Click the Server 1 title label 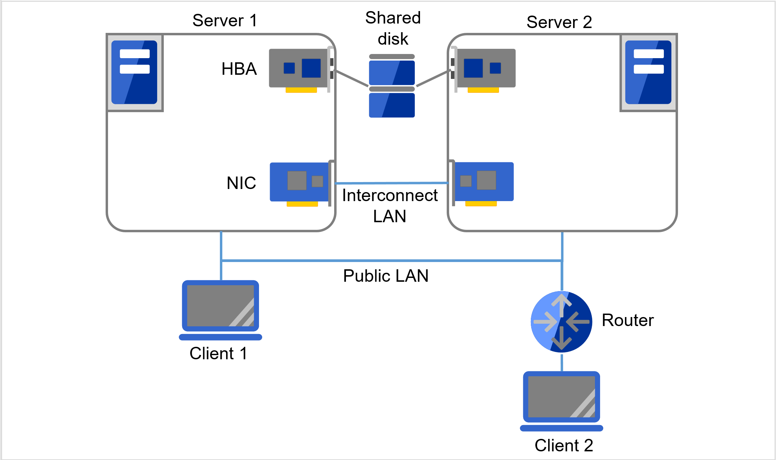click(225, 20)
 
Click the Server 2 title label click(559, 22)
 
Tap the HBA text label click(239, 69)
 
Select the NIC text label click(241, 183)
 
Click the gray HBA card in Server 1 click(298, 69)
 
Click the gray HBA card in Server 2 click(485, 69)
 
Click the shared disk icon click(392, 87)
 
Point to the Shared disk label click(393, 28)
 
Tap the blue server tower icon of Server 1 click(134, 72)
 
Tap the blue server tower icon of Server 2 click(648, 72)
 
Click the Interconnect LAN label click(390, 206)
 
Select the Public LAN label click(386, 276)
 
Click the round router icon click(561, 322)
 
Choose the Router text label click(627, 320)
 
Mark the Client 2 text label click(564, 445)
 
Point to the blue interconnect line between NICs click(391, 183)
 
